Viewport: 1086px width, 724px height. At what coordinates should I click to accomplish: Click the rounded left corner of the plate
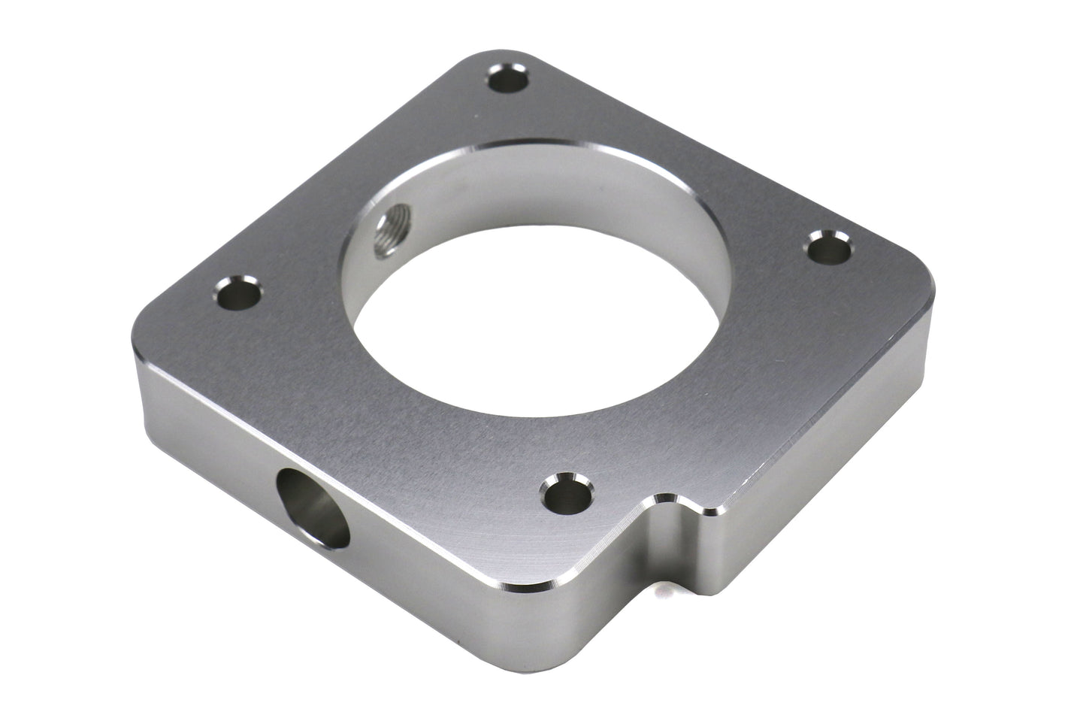point(154,316)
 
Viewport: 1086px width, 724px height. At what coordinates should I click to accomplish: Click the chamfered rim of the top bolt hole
point(519,71)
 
